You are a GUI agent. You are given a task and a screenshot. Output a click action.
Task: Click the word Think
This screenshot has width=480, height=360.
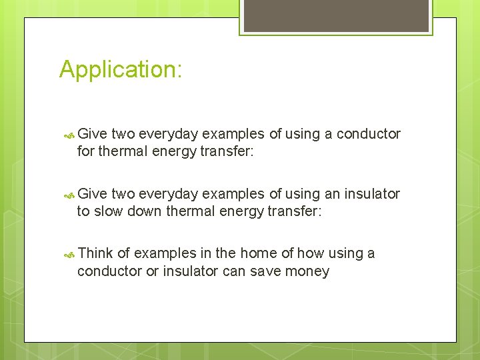[x=95, y=253]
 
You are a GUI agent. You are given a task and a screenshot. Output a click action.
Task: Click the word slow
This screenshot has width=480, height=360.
[x=109, y=212]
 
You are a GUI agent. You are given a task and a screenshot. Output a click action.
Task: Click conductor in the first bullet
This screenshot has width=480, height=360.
[x=369, y=134]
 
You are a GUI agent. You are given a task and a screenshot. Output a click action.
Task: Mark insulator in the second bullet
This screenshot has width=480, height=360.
[x=371, y=194]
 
